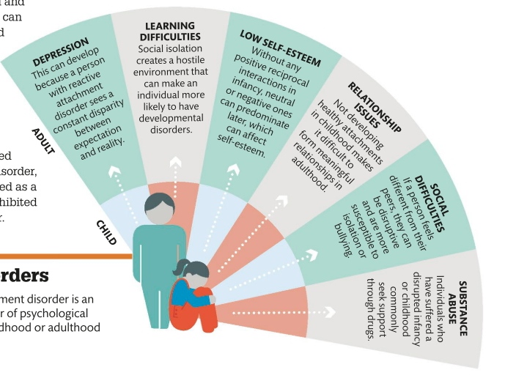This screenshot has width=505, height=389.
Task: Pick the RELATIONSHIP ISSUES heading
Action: tap(374, 109)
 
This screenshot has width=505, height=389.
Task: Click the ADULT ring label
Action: tap(44, 141)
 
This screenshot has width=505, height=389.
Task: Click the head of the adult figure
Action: tap(158, 208)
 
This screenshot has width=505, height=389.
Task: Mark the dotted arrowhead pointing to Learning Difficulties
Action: tap(176, 163)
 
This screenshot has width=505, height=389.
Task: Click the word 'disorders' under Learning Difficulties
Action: tap(172, 130)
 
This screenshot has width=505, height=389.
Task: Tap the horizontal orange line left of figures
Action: tap(66, 256)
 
